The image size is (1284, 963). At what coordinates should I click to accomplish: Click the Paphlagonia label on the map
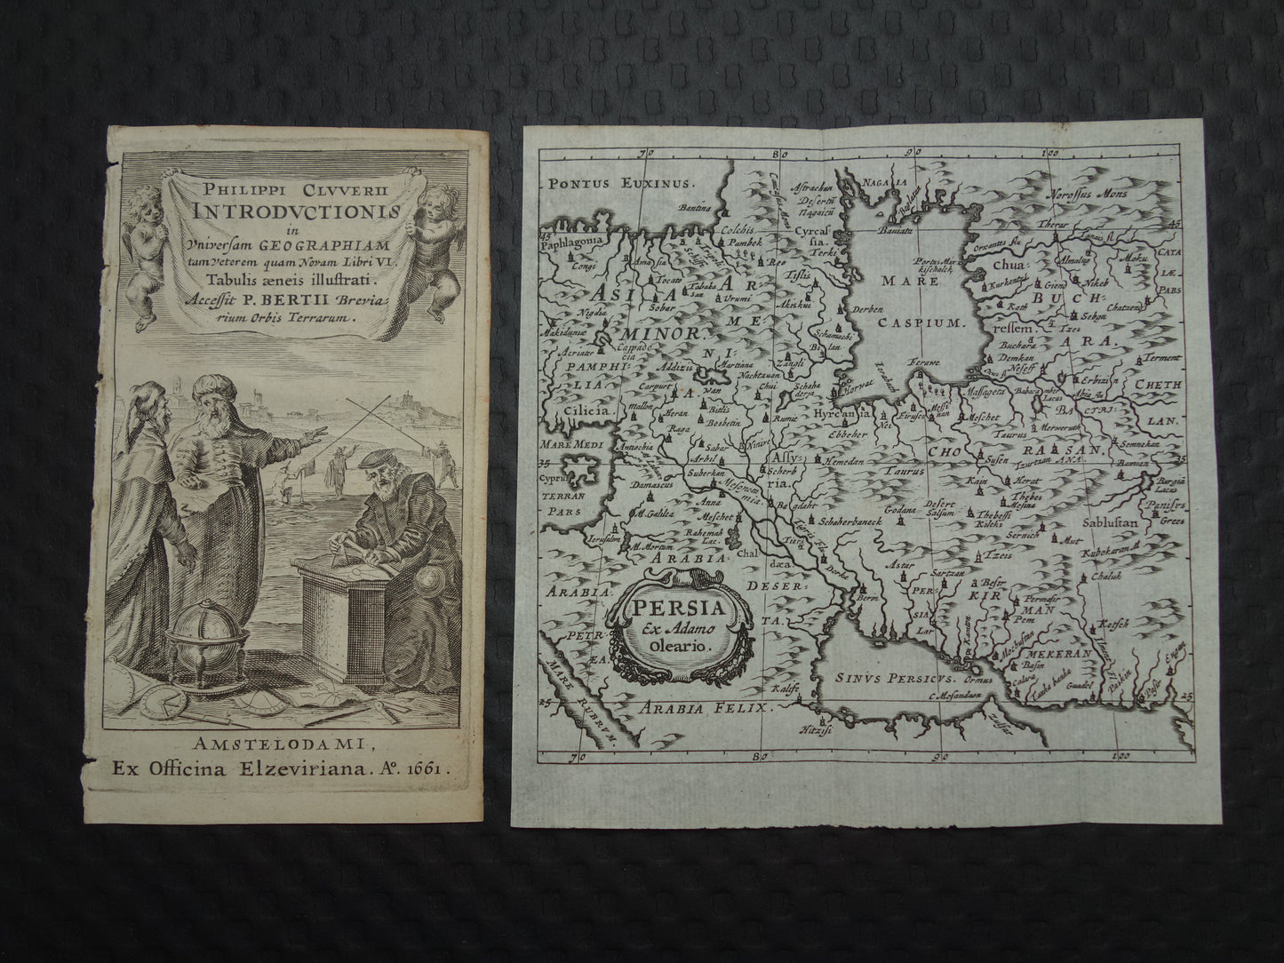click(575, 239)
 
